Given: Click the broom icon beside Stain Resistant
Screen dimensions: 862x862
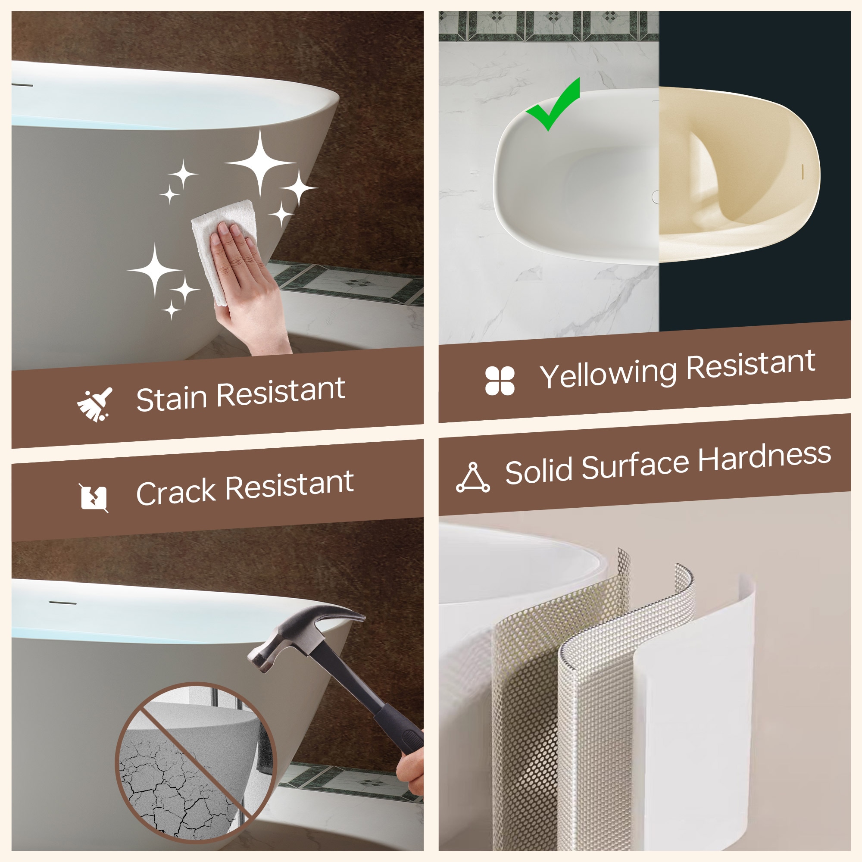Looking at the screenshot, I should coord(94,404).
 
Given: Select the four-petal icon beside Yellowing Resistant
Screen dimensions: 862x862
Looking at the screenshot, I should coord(500,381).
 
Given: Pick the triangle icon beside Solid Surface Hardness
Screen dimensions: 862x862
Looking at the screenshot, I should coord(473,478).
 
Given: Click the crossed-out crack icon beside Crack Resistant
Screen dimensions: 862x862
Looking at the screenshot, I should coord(94,497).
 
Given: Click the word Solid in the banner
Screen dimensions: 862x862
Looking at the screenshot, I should coord(538,470).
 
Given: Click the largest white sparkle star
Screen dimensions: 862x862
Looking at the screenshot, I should coord(261,163).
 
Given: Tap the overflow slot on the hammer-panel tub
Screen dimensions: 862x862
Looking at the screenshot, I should coord(62,603).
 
